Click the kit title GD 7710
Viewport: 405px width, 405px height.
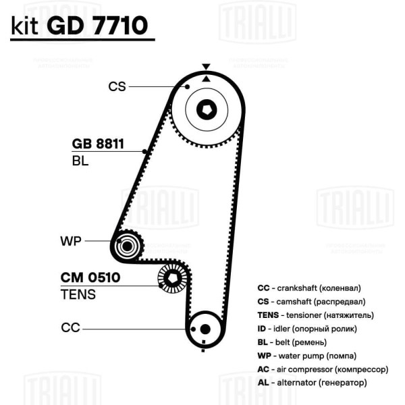click(97, 26)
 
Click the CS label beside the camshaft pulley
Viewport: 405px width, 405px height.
click(117, 86)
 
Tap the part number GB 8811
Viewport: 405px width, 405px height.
click(98, 144)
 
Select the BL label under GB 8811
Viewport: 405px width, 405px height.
click(80, 161)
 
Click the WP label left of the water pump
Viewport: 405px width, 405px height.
click(70, 241)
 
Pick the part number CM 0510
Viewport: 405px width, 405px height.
click(90, 277)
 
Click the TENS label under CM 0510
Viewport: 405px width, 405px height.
click(78, 294)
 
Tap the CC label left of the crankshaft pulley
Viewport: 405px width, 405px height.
click(70, 327)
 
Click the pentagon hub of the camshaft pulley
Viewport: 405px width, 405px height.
click(207, 110)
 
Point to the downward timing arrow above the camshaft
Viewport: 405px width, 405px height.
click(206, 66)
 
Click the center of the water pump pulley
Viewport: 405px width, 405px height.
click(127, 246)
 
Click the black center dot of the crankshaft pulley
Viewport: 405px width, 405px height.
click(205, 329)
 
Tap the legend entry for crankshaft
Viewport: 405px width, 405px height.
click(309, 288)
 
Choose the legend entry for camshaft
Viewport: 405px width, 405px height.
click(311, 302)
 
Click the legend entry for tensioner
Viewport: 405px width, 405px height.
click(316, 315)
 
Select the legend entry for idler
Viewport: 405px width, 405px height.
click(307, 329)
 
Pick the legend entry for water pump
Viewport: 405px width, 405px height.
click(307, 356)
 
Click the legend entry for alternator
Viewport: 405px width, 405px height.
click(312, 383)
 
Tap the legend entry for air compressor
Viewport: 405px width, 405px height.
click(323, 369)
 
